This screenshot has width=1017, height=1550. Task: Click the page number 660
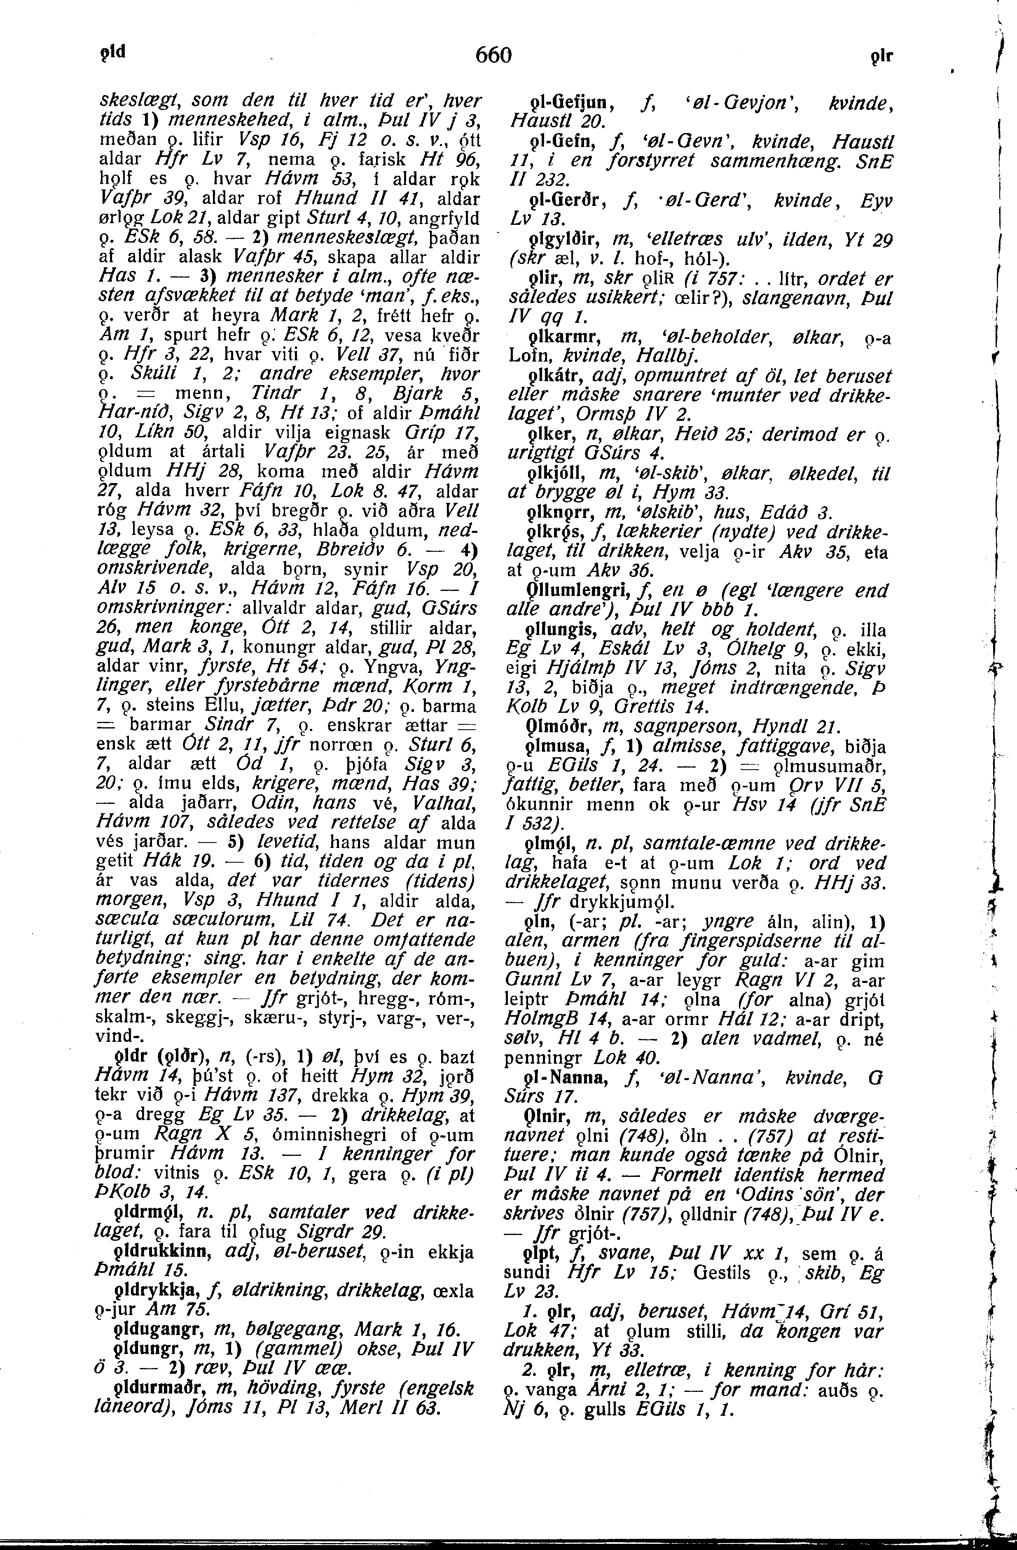(x=493, y=55)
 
